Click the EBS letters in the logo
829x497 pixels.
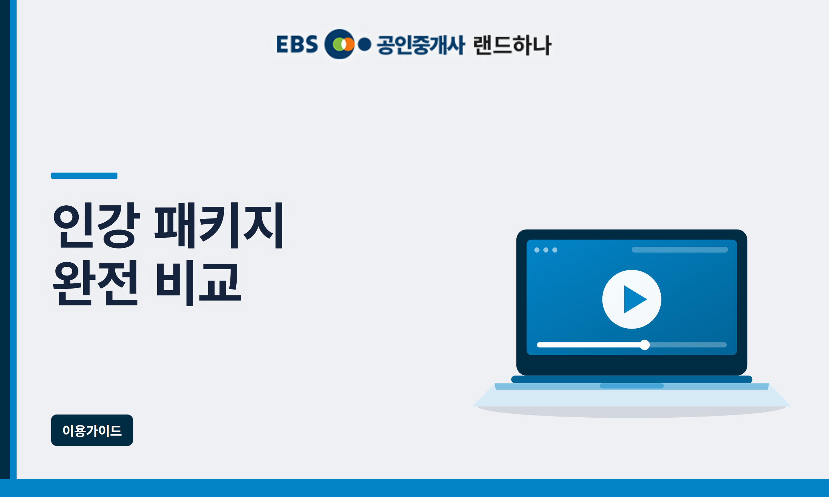coord(297,45)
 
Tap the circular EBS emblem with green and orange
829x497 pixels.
coord(340,44)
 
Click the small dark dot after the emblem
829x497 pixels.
coord(364,44)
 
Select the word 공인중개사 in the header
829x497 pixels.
coord(421,45)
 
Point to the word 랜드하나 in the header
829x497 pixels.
coord(513,45)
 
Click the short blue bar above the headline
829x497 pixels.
coord(84,176)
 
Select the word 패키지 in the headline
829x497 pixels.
coord(219,225)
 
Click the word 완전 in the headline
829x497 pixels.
coord(96,283)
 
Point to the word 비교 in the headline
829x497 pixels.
coord(199,283)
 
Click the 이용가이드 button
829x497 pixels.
coord(92,430)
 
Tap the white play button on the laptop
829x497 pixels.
coord(632,299)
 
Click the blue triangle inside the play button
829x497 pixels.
coord(634,299)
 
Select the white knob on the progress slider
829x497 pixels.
coord(645,345)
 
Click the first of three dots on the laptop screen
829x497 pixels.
coord(537,250)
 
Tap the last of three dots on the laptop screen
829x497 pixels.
coord(555,250)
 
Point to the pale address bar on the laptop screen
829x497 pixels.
coord(680,250)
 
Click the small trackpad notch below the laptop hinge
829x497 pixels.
coord(632,386)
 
